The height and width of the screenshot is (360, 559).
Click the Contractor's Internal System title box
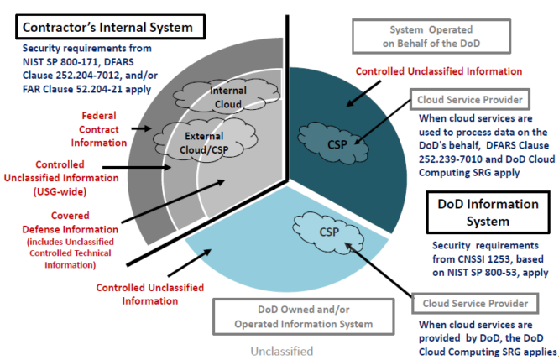tap(110, 27)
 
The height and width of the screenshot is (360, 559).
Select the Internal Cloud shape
tap(227, 97)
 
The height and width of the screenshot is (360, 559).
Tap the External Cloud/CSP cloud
tap(205, 141)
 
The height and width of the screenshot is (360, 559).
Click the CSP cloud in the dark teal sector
tap(333, 143)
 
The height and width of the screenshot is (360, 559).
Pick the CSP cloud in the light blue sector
tap(328, 232)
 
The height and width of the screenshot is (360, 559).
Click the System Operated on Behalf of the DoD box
tap(431, 36)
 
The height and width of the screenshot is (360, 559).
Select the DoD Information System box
tap(488, 212)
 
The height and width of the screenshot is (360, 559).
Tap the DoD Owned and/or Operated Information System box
tap(303, 316)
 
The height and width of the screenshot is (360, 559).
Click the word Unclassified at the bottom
tap(282, 352)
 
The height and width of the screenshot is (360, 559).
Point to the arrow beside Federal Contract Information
tap(142, 128)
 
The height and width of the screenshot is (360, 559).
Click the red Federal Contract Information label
tap(99, 129)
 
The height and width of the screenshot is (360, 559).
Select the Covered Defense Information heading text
tap(71, 222)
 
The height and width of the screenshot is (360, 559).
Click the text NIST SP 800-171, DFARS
tap(78, 62)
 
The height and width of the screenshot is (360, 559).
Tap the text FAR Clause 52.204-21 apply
tap(86, 89)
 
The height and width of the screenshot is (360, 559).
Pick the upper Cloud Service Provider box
tap(470, 100)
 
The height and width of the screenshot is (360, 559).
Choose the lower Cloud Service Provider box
tap(475, 303)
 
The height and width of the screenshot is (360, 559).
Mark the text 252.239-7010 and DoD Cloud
tap(487, 159)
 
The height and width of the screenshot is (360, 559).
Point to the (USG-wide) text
tap(60, 192)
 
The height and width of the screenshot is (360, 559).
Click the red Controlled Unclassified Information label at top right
tap(438, 71)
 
